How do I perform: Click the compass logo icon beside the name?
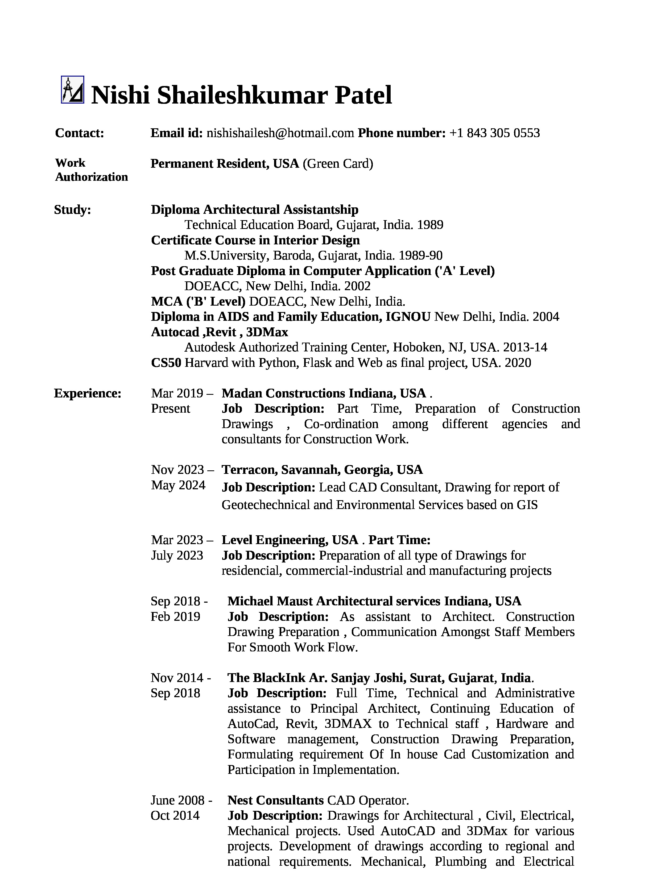(x=72, y=90)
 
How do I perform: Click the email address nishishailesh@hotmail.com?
(x=280, y=133)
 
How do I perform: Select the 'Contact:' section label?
(x=80, y=133)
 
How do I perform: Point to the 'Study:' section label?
(x=72, y=210)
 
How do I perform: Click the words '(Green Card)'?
(x=338, y=163)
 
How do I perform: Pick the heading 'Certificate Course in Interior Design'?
(x=255, y=240)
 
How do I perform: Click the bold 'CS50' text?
(x=166, y=363)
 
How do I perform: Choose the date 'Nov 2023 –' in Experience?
(x=182, y=470)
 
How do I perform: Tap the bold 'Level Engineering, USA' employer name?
(x=290, y=540)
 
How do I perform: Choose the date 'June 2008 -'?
(x=181, y=800)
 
